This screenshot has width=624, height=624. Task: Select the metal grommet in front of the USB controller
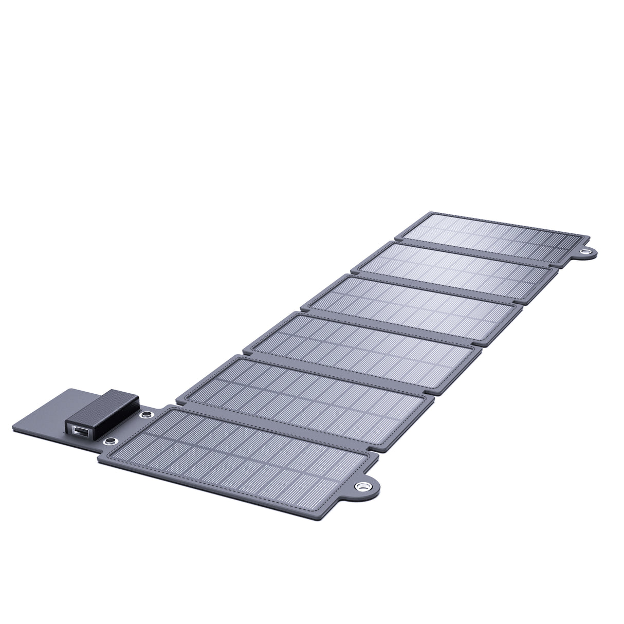coord(109,442)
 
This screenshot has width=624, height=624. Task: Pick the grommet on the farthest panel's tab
coord(585,252)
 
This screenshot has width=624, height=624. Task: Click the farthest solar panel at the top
coord(493,237)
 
